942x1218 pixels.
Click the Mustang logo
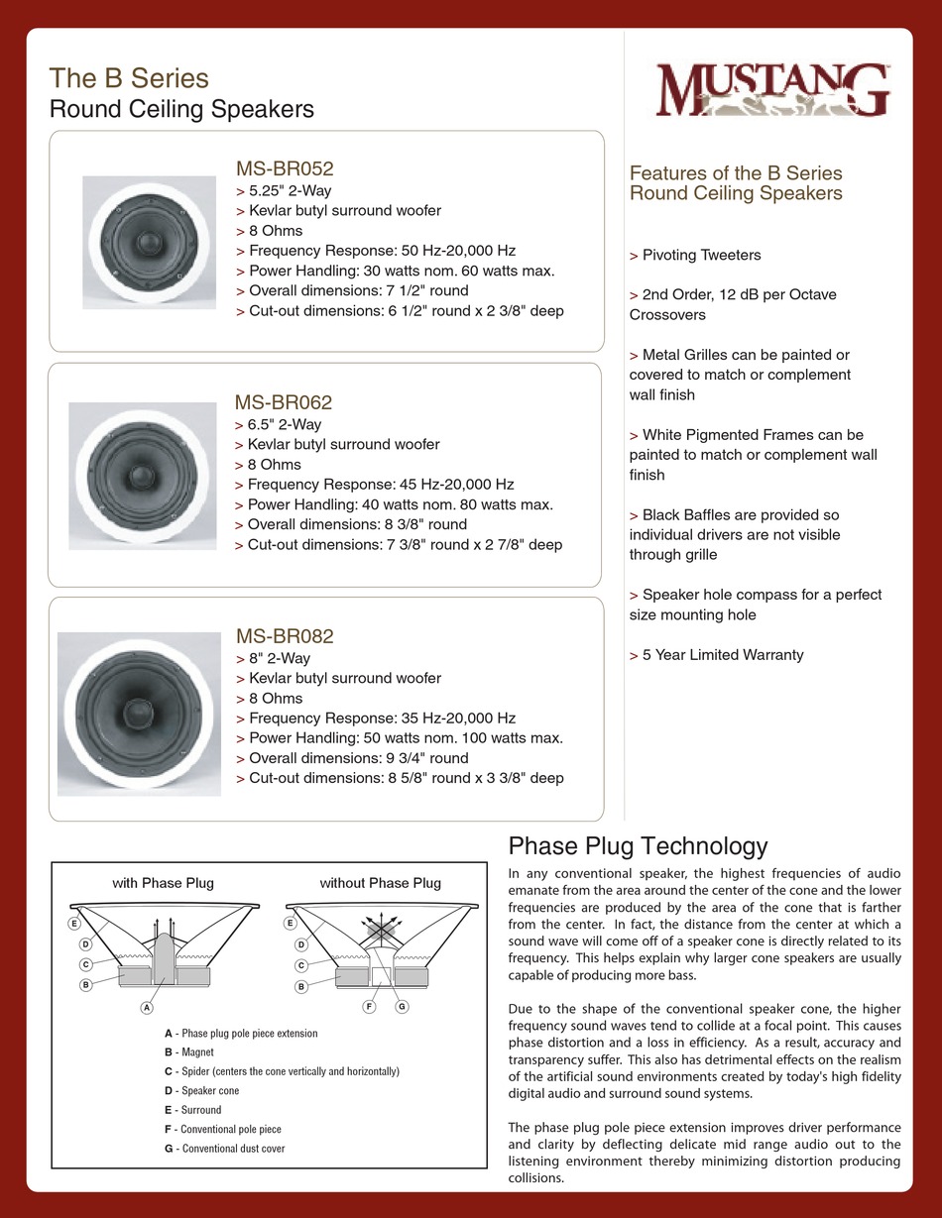pyautogui.click(x=772, y=91)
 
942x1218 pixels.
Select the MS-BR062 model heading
pyautogui.click(x=283, y=402)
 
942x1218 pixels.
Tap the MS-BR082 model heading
pyautogui.click(x=284, y=636)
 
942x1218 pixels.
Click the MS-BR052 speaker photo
pyautogui.click(x=149, y=243)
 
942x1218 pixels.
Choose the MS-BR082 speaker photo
pyautogui.click(x=139, y=714)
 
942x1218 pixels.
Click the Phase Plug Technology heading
pyautogui.click(x=638, y=845)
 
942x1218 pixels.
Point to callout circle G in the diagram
pyautogui.click(x=403, y=1007)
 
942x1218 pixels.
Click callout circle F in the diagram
pyautogui.click(x=369, y=1007)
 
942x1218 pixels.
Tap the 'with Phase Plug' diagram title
pyautogui.click(x=163, y=882)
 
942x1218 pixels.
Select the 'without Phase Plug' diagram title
pyautogui.click(x=380, y=882)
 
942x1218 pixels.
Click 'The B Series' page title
pyautogui.click(x=129, y=78)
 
